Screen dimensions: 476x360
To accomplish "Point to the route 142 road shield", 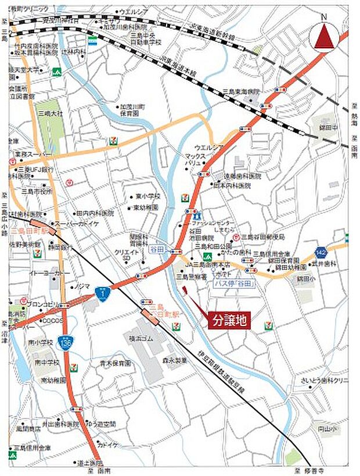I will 321,252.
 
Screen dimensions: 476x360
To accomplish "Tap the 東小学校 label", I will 148,196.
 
